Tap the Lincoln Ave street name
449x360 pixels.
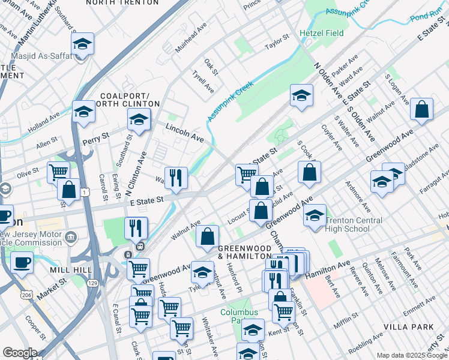point(185,134)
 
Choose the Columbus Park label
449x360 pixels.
point(238,316)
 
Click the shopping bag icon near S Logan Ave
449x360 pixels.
point(422,109)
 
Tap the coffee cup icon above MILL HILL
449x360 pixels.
point(23,262)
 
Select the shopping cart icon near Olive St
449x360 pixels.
point(58,172)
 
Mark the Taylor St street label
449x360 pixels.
point(277,44)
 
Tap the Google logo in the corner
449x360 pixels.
point(20,353)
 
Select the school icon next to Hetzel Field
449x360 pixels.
point(301,95)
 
